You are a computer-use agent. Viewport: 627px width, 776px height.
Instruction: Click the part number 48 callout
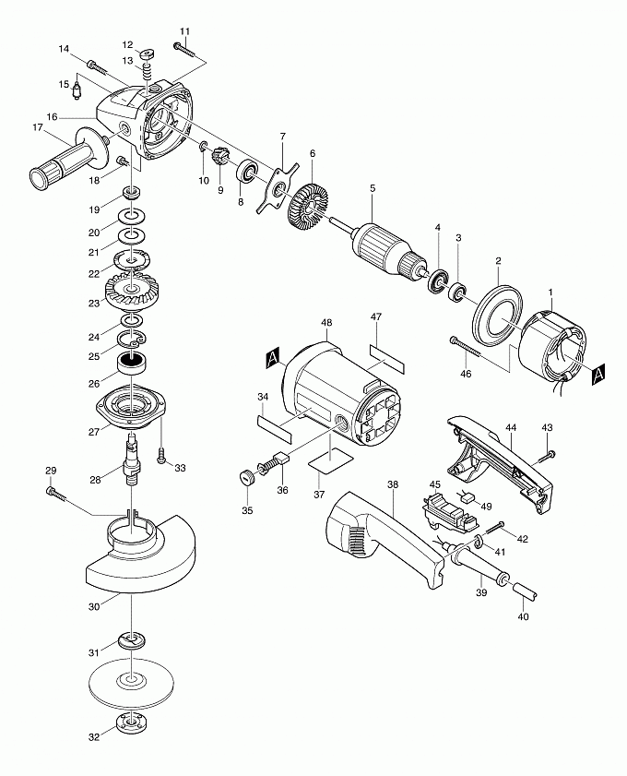(326, 323)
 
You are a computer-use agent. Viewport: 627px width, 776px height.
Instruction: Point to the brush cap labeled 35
(246, 478)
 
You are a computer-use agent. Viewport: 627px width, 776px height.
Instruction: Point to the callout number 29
(51, 472)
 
